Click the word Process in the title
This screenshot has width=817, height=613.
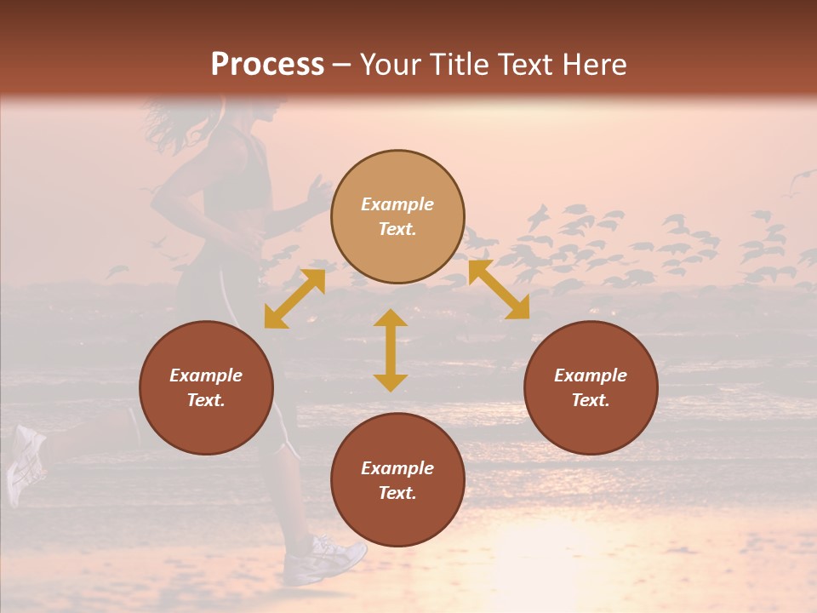click(267, 65)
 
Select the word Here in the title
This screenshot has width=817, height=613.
click(593, 65)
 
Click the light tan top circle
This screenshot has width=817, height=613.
click(397, 217)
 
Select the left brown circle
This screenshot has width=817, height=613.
click(206, 387)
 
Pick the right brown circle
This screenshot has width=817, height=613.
click(591, 387)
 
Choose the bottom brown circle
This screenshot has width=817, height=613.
click(397, 480)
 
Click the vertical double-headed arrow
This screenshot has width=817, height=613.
click(391, 350)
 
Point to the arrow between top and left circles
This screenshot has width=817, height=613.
click(294, 299)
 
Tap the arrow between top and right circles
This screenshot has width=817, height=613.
click(499, 289)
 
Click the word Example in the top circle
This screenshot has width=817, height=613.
click(397, 204)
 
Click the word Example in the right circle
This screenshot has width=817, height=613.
click(591, 375)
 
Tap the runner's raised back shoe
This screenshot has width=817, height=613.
click(25, 464)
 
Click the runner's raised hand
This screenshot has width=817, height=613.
click(318, 192)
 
